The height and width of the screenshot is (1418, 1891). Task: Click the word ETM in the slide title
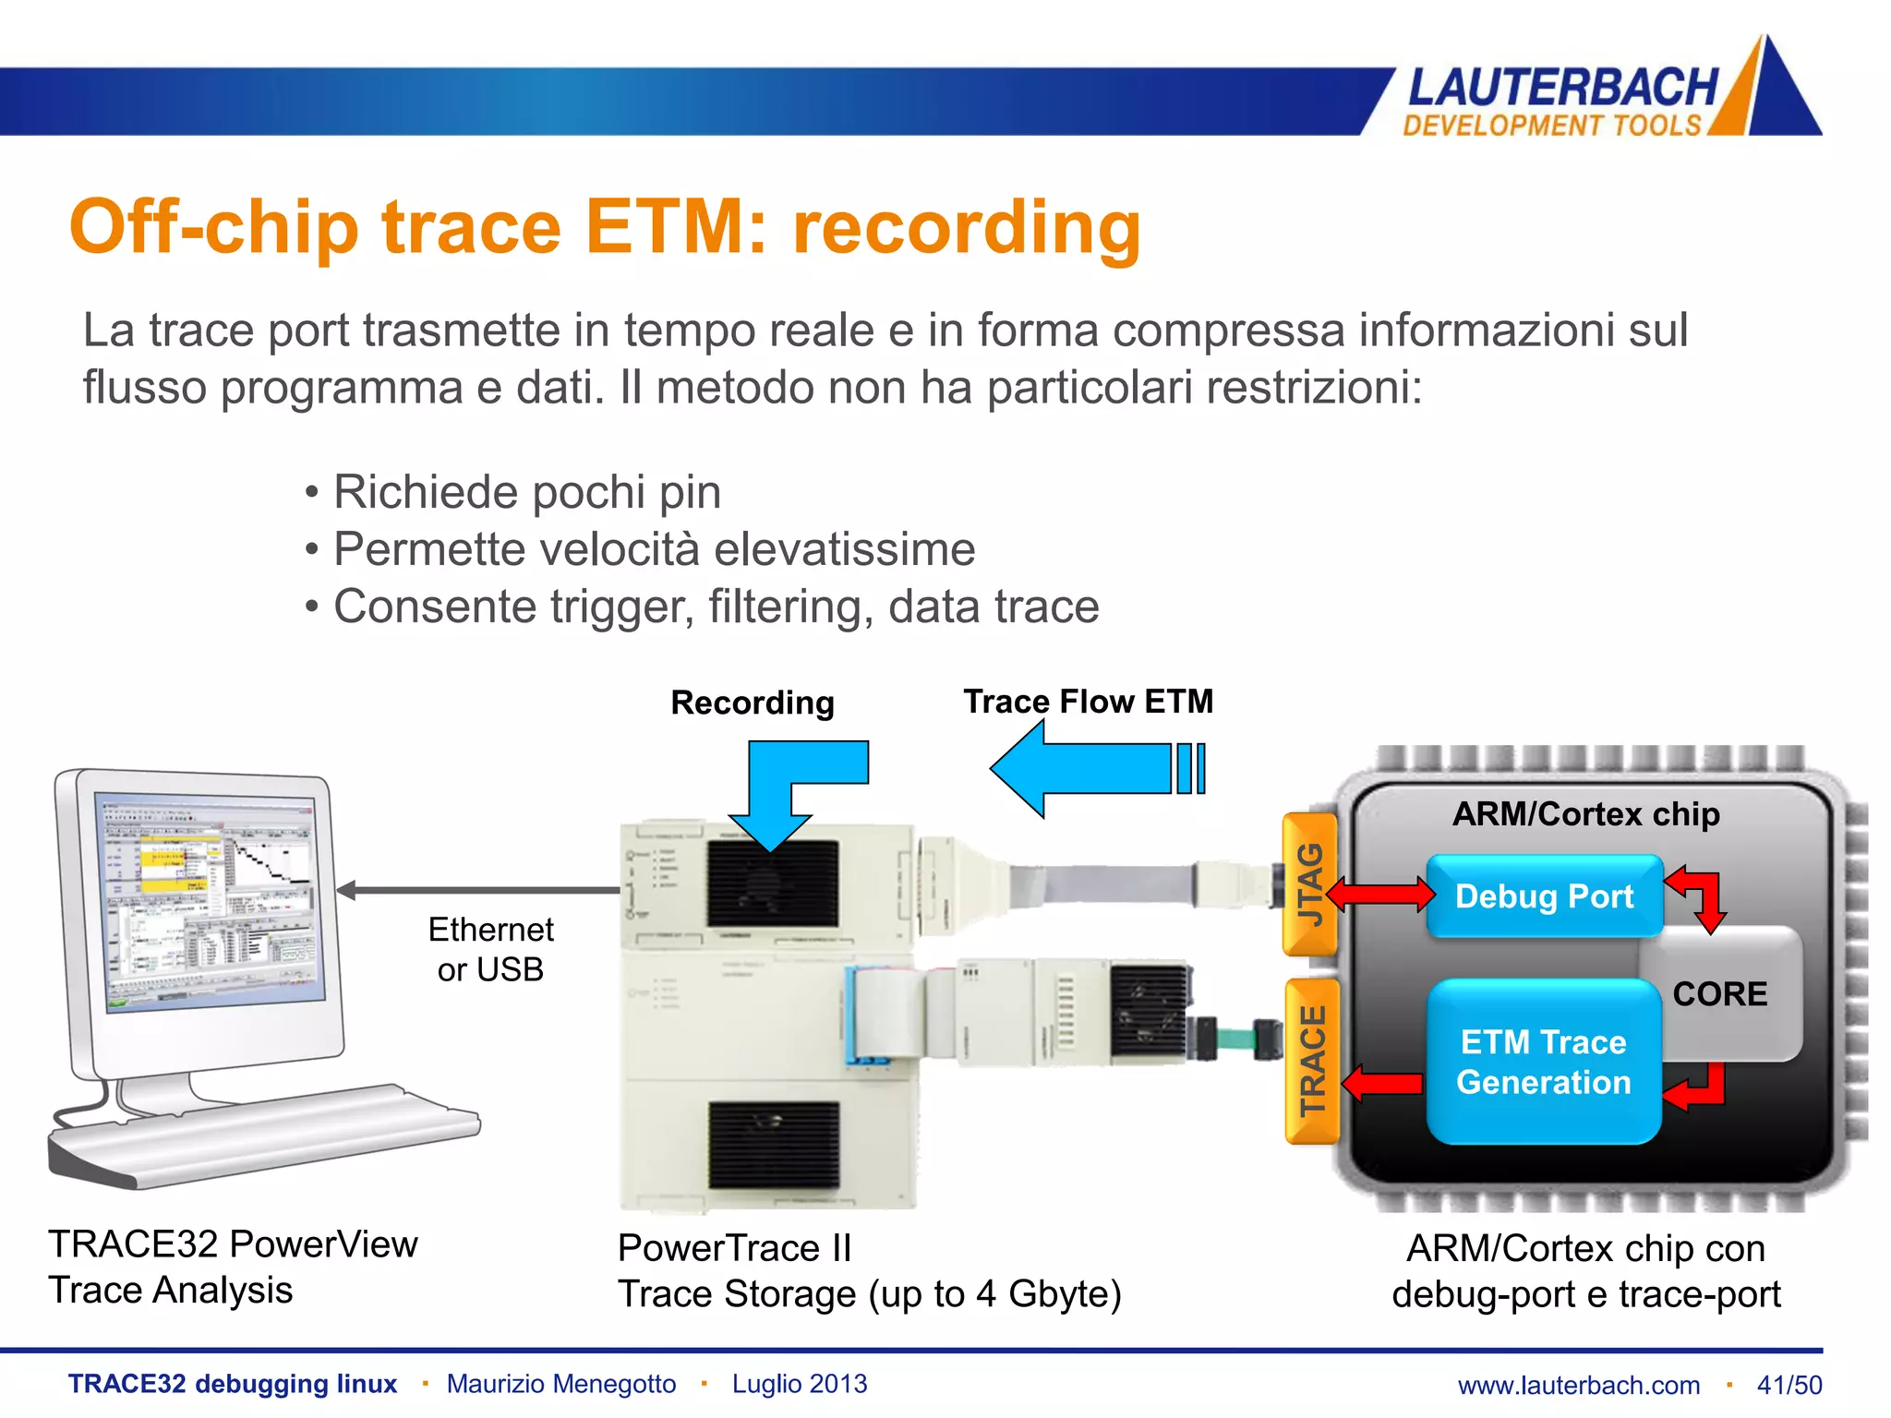[676, 227]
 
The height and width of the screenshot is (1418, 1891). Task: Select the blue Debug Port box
[1544, 896]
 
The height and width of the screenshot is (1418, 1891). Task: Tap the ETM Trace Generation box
[1543, 1062]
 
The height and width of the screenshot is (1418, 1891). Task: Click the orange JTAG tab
[1310, 883]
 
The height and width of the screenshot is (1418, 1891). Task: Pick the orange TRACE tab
[1312, 1061]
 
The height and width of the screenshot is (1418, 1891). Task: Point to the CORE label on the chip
[1719, 994]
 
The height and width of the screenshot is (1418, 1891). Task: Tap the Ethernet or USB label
[490, 949]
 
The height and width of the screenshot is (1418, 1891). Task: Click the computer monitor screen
[210, 900]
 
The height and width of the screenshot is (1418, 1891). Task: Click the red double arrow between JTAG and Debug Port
[1381, 894]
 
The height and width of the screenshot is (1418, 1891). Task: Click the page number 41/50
[1789, 1385]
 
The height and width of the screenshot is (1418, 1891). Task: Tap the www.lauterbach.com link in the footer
[1578, 1385]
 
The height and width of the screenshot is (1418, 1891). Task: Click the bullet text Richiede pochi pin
[526, 491]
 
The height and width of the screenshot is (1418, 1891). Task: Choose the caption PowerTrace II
[734, 1248]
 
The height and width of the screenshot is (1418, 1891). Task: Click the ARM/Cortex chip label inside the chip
[1585, 814]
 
